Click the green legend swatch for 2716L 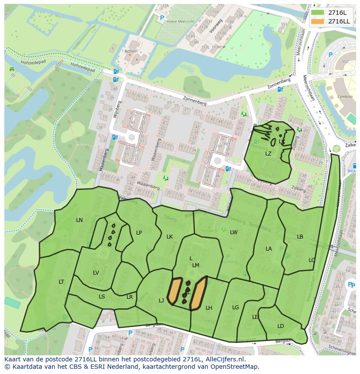318,13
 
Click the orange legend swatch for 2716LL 318,21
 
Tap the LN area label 79,220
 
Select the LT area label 61,282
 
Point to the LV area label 96,273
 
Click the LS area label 102,297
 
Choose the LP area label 139,233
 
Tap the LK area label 170,237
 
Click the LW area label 234,232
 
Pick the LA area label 269,249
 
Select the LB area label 300,237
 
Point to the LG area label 236,308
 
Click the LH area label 209,308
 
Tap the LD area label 280,326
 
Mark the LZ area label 268,154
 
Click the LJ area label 161,300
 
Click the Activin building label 131,51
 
